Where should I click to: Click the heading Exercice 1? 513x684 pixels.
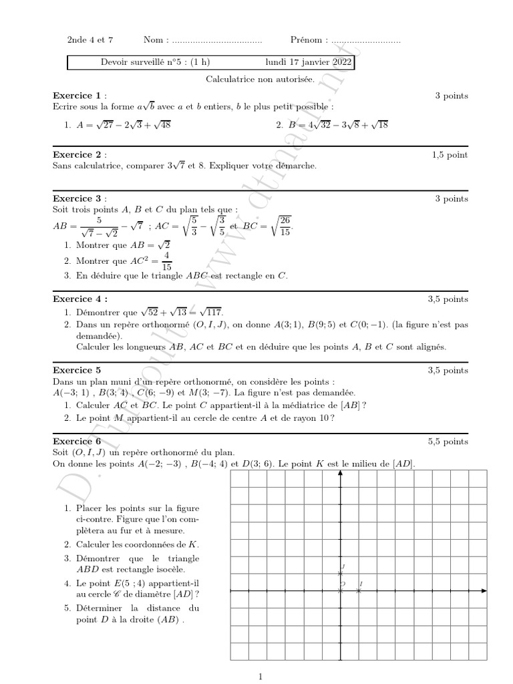coord(77,96)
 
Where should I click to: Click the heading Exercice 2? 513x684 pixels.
coord(77,155)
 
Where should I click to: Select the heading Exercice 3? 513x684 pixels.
coord(77,198)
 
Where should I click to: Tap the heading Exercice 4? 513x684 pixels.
coord(79,299)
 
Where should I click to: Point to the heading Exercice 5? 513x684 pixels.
coord(77,370)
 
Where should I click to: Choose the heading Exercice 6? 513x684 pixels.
coord(77,442)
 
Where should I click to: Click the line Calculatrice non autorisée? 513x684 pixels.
coord(250,79)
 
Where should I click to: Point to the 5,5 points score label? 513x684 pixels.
coord(448,442)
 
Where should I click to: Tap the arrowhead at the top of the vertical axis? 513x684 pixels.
coord(341,474)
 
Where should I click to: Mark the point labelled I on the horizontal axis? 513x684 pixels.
coord(359,591)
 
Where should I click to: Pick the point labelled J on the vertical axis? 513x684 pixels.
coord(341,573)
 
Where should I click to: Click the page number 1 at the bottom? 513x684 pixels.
coord(261,677)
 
